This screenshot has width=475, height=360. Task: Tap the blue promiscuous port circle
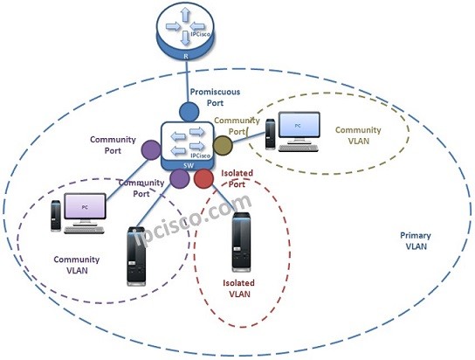pyautogui.click(x=190, y=112)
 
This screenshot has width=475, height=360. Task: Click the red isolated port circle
pyautogui.click(x=204, y=180)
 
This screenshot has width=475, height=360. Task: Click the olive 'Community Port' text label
pyautogui.click(x=237, y=126)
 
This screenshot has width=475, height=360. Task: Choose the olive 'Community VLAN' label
pyautogui.click(x=359, y=135)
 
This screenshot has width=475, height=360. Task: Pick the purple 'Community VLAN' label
pyautogui.click(x=77, y=265)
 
